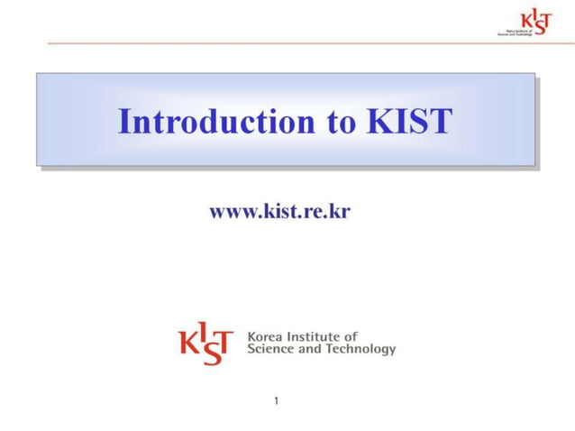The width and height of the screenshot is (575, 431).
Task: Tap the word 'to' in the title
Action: coord(341,122)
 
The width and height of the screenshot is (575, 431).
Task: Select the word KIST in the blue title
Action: coord(407,121)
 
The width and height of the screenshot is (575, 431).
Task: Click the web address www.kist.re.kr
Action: coord(279,212)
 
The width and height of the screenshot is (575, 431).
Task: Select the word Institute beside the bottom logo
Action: coord(316,337)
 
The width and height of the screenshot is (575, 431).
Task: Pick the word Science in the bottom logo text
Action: coord(269,349)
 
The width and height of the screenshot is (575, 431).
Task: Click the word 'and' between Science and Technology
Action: coord(309,349)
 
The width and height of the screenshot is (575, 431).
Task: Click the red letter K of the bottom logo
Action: coord(188,344)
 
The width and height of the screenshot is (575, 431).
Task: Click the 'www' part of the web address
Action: coord(228,213)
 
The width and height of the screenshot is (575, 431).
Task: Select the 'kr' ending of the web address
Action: coord(340,212)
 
